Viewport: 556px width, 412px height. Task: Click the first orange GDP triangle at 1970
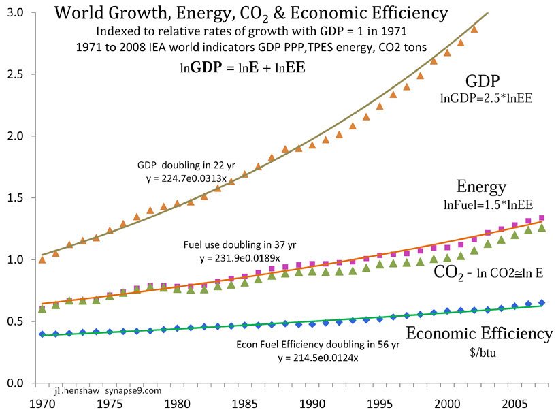pyautogui.click(x=42, y=259)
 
